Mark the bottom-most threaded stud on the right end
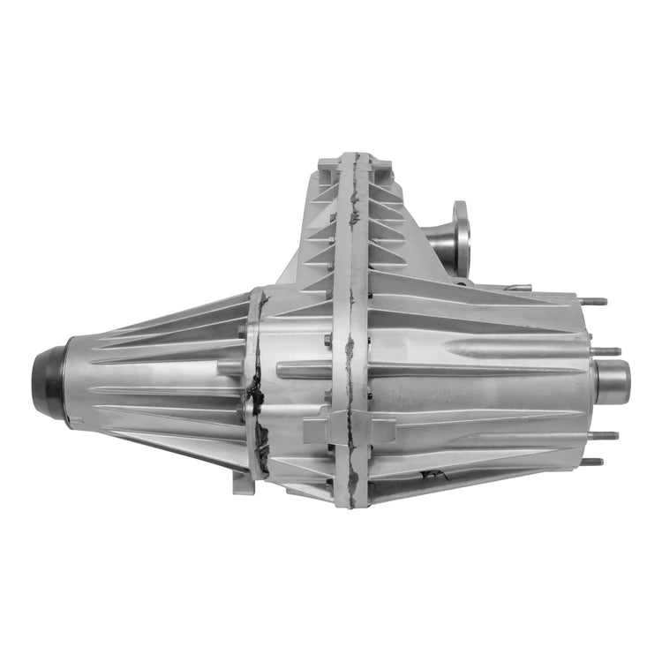pos(592,461)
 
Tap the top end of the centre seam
pos(353,159)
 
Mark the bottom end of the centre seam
pos(352,503)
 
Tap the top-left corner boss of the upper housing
pos(326,163)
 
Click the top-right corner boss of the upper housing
pos(380,163)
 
